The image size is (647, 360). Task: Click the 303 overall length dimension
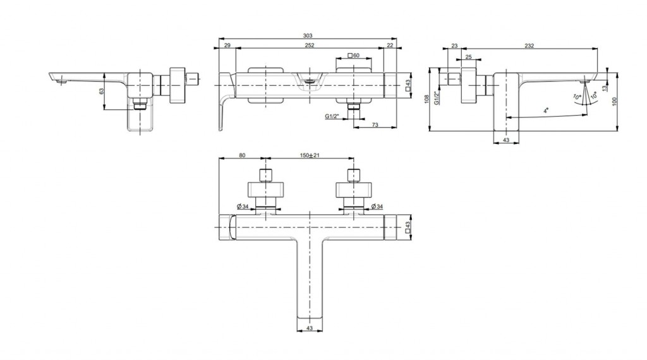coord(308,35)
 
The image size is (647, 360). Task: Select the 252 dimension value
coord(310,45)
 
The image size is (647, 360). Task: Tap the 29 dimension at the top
coord(227,45)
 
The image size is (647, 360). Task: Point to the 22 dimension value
coord(390,45)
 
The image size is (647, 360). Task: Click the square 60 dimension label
coord(354,55)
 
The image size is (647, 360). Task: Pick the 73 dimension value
coord(375,124)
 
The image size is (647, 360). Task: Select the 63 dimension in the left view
coord(102,91)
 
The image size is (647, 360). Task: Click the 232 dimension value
coord(529,45)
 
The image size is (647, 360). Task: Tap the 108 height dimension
coord(426,99)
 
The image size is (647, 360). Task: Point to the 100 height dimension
coord(614,102)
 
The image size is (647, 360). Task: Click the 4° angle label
coord(545,111)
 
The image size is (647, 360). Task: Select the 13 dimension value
coord(605,87)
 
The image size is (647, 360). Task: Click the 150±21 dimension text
coord(310,155)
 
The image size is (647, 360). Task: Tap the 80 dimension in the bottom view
coord(242,155)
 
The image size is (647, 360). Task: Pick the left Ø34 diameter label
coord(243,206)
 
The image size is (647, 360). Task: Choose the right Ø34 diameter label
coord(377,206)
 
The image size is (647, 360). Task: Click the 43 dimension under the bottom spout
coord(310,328)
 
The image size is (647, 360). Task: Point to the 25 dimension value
coord(468,57)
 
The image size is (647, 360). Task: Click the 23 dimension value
coord(454,45)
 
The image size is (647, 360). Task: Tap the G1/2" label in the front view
coord(331,116)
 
